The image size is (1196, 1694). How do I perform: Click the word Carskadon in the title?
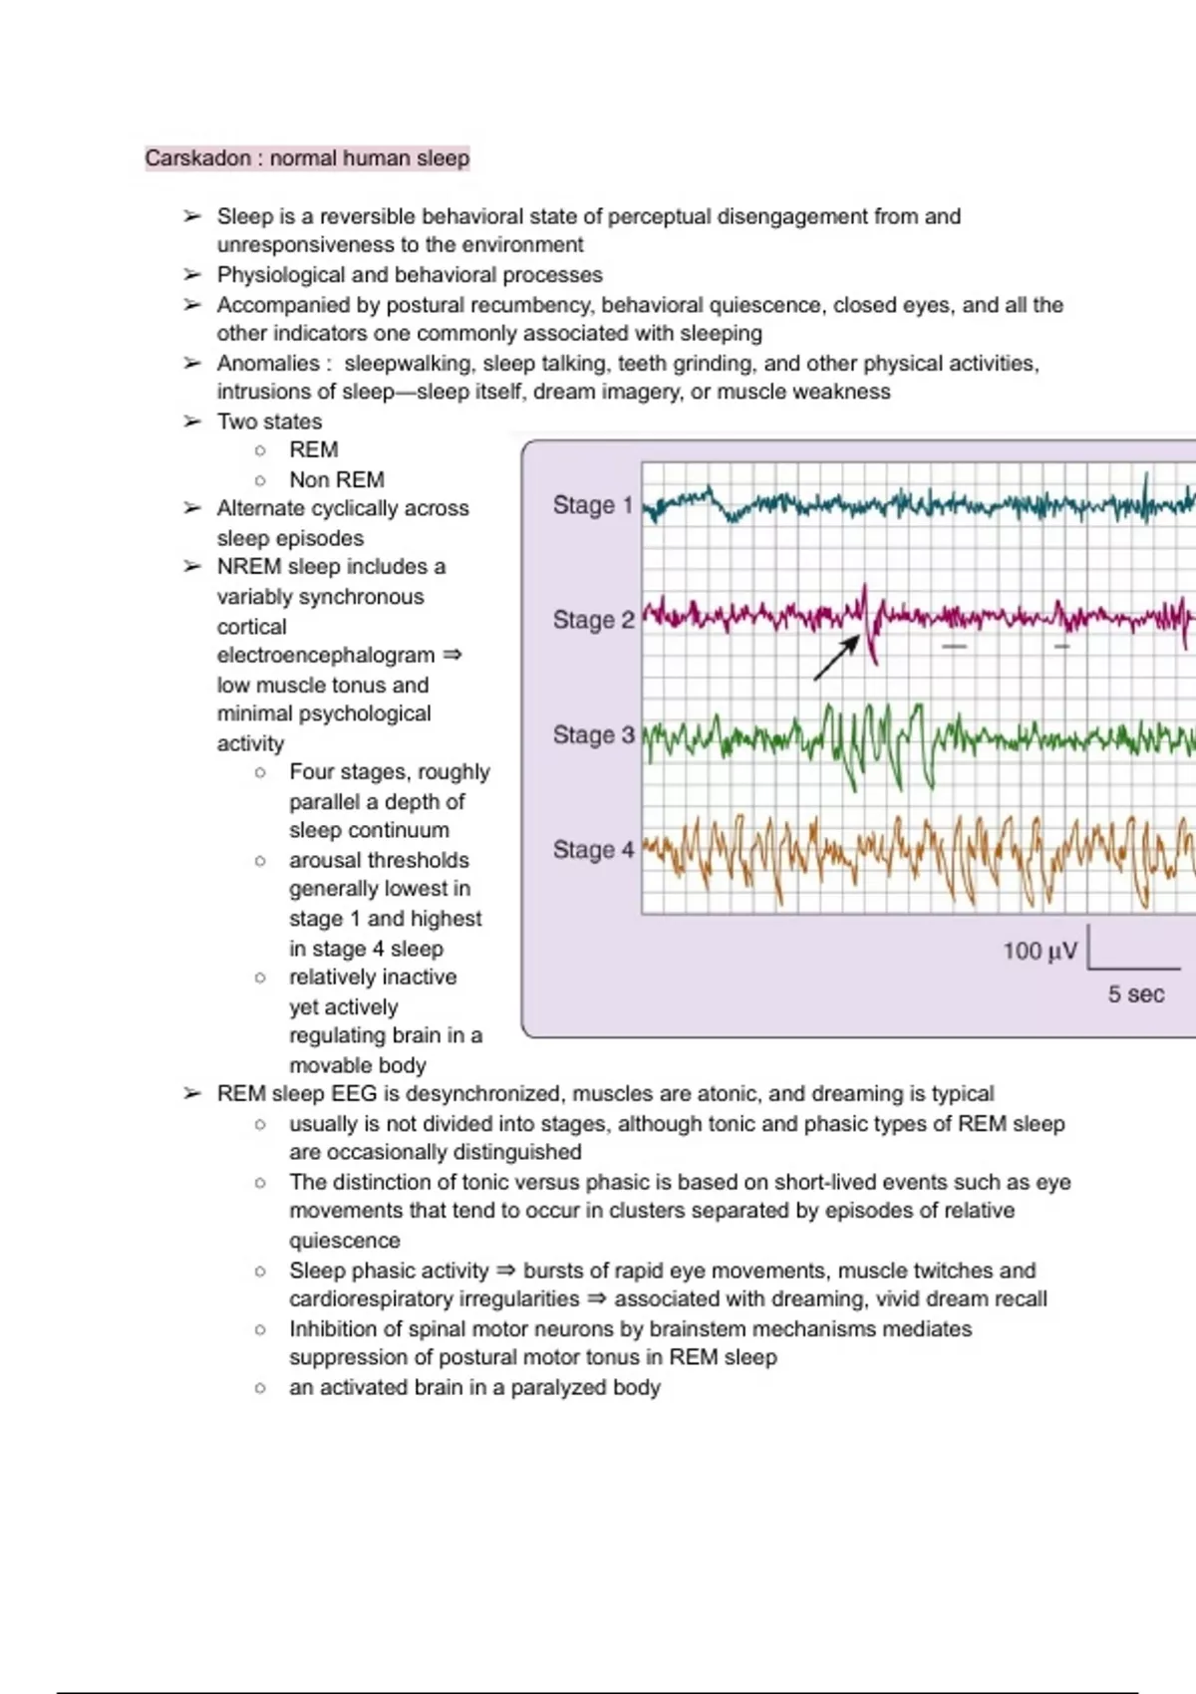[197, 158]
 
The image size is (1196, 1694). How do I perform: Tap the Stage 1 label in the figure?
[593, 505]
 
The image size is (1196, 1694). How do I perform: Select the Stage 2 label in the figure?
[593, 620]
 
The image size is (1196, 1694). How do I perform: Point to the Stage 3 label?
[593, 734]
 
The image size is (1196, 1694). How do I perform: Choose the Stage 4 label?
[593, 850]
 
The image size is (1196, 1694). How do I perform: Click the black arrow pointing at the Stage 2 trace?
[836, 658]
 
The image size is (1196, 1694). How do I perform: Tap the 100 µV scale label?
[1040, 951]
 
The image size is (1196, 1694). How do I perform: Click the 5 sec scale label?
[1135, 993]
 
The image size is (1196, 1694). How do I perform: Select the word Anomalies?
[267, 364]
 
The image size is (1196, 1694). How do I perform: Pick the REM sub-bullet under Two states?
[313, 449]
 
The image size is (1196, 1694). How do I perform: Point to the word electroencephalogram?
[326, 656]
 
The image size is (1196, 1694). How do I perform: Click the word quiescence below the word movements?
[344, 1241]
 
